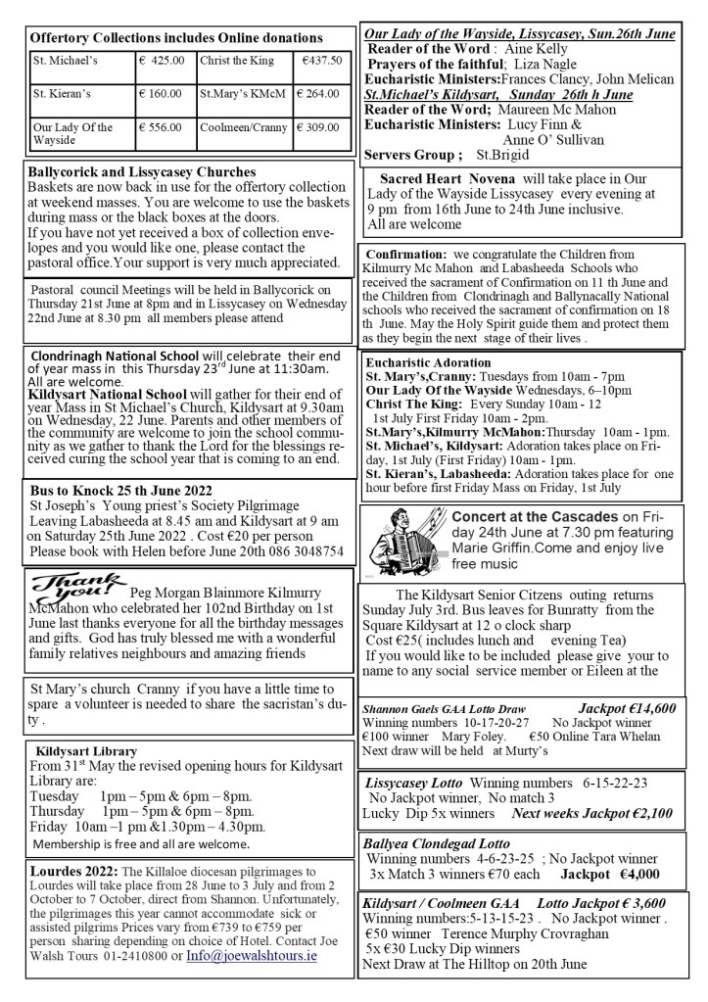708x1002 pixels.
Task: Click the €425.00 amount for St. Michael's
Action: coord(163,61)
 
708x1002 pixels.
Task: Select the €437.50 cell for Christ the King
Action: coord(321,61)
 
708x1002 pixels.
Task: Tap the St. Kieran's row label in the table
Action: coord(61,95)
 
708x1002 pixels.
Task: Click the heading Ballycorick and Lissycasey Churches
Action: coord(143,172)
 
